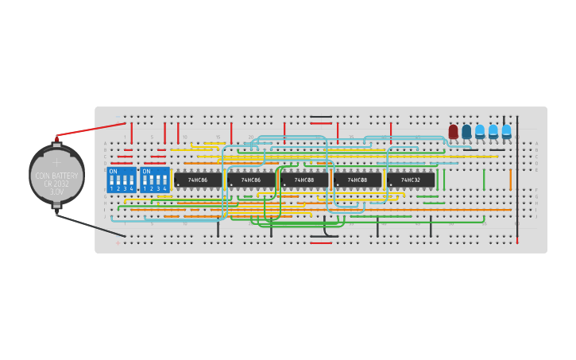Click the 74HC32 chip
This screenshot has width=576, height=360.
(411, 180)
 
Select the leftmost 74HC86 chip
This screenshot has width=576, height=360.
(198, 180)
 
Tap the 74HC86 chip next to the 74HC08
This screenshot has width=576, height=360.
(251, 180)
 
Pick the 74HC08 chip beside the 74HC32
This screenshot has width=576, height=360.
(358, 180)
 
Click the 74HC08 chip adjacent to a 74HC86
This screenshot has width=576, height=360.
(304, 180)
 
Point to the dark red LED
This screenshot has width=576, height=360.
(453, 131)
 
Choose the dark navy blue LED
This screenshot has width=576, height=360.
(466, 131)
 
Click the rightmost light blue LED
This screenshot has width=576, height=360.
(506, 131)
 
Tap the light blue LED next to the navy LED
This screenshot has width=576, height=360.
(480, 131)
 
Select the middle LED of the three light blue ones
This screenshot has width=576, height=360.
(493, 131)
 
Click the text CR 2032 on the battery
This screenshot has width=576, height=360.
(56, 184)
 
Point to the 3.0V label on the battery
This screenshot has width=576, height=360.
(56, 192)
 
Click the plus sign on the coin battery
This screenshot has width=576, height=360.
(56, 162)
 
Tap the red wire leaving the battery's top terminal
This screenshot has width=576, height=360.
(91, 130)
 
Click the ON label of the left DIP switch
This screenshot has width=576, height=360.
(113, 172)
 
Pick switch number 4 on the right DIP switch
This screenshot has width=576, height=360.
(164, 182)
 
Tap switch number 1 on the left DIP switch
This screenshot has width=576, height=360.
(112, 182)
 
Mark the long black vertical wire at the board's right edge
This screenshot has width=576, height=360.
(517, 179)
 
